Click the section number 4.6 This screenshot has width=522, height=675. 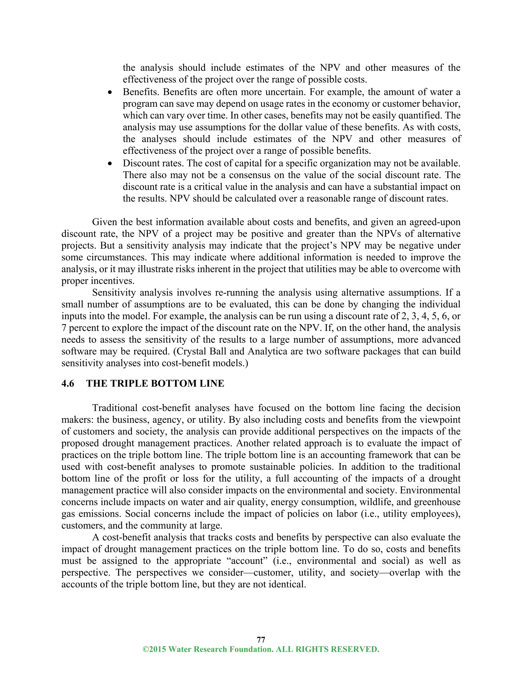click(68, 384)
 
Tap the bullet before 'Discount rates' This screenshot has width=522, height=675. click(110, 164)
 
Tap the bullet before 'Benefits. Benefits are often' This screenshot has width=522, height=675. click(110, 92)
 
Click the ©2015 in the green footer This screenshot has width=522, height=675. click(154, 649)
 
